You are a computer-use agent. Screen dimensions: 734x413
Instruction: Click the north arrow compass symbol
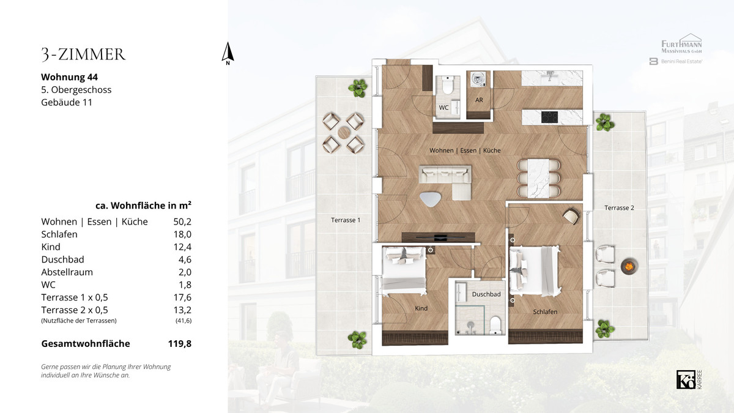click(x=228, y=53)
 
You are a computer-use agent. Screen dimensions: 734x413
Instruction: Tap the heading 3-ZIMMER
click(x=84, y=54)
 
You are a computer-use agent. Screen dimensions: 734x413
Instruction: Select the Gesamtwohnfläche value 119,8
click(x=180, y=343)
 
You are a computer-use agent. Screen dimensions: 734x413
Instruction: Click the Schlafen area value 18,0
click(x=182, y=234)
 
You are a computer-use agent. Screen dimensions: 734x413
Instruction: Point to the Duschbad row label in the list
click(x=62, y=259)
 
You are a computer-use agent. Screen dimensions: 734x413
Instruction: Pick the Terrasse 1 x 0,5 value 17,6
click(x=182, y=297)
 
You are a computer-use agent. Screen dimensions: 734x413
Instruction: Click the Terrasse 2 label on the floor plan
click(x=619, y=208)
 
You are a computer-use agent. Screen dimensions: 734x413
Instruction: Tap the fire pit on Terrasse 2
click(x=629, y=266)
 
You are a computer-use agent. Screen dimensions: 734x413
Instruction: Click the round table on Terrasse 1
click(x=344, y=133)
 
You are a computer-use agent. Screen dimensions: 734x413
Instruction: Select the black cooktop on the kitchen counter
click(x=549, y=117)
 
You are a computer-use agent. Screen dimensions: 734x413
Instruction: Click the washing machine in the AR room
click(x=478, y=80)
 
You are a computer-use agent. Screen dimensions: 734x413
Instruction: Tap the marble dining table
click(x=538, y=178)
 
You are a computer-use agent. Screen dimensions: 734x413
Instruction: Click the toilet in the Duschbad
click(x=495, y=325)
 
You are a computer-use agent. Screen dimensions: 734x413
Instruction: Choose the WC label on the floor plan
click(x=443, y=108)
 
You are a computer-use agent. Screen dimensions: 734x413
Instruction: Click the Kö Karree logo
click(x=689, y=379)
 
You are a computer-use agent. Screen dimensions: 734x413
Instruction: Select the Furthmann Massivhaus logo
click(x=681, y=43)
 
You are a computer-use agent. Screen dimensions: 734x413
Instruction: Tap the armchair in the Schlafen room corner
click(x=571, y=217)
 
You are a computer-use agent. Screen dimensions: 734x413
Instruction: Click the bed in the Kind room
click(x=404, y=270)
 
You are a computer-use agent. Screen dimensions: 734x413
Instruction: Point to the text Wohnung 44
click(x=70, y=77)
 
